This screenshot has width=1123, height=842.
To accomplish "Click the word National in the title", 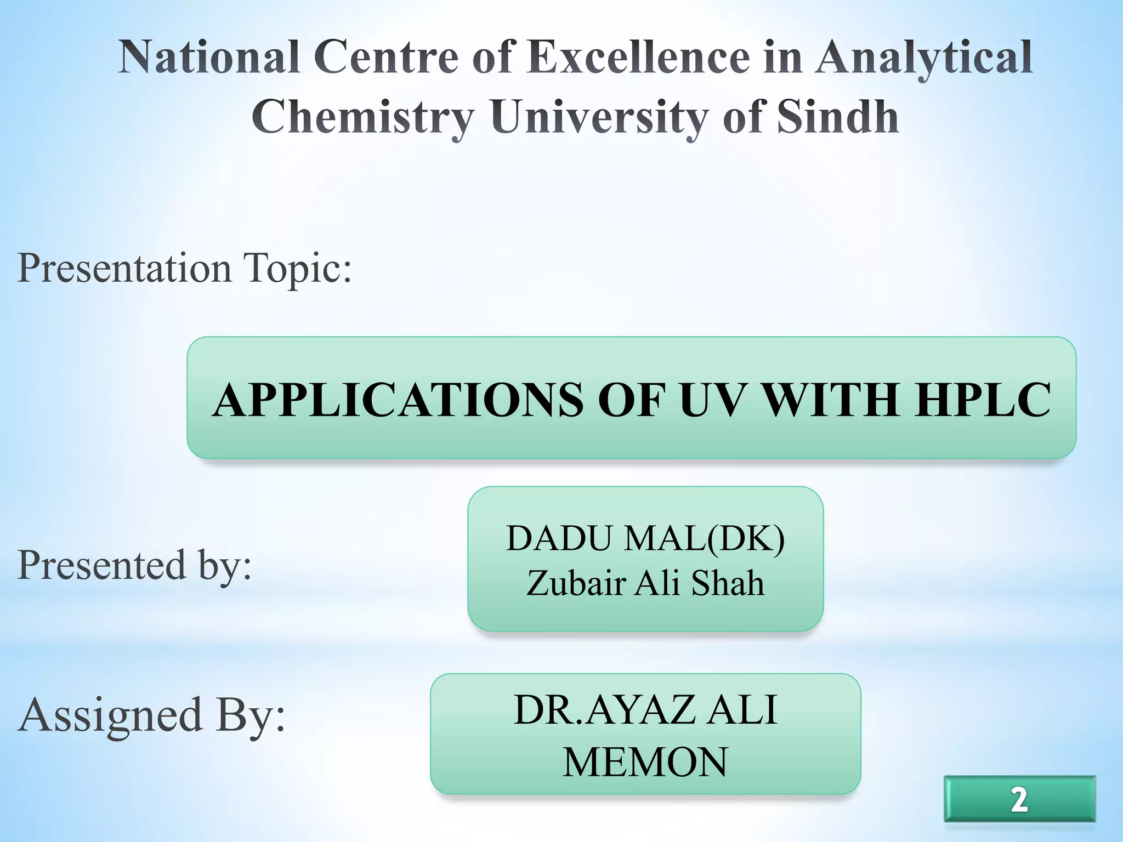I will [209, 57].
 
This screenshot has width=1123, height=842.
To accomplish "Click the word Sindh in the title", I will [838, 116].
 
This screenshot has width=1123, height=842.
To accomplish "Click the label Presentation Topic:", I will [184, 269].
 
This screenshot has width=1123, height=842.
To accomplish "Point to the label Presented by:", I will [134, 565].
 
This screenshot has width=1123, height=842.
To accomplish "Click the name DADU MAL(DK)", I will [645, 538].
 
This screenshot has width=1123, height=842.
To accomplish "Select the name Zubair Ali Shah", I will [645, 582].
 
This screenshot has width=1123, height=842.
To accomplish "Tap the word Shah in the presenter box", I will [728, 582].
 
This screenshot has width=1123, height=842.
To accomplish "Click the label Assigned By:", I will [151, 715].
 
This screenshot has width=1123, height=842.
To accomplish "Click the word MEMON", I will [645, 762].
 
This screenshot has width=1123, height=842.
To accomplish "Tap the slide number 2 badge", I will [1019, 799].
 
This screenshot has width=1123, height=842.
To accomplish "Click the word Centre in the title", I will [386, 57].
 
